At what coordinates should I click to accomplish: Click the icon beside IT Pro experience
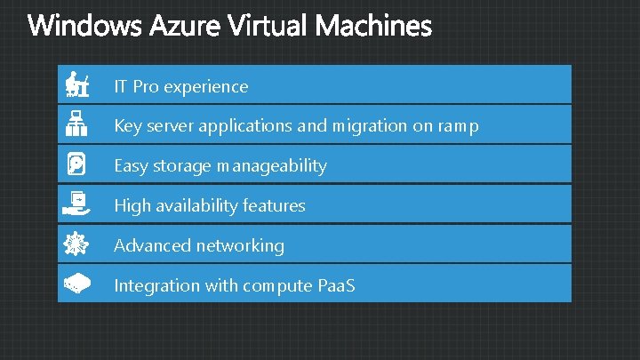click(x=76, y=86)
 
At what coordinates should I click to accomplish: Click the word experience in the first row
click(x=206, y=87)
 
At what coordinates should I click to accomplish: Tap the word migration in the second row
click(x=369, y=126)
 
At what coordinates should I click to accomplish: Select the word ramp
click(x=458, y=126)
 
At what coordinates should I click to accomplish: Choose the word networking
click(x=240, y=245)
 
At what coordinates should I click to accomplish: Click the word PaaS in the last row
click(x=336, y=285)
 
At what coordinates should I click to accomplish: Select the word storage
click(x=182, y=166)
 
